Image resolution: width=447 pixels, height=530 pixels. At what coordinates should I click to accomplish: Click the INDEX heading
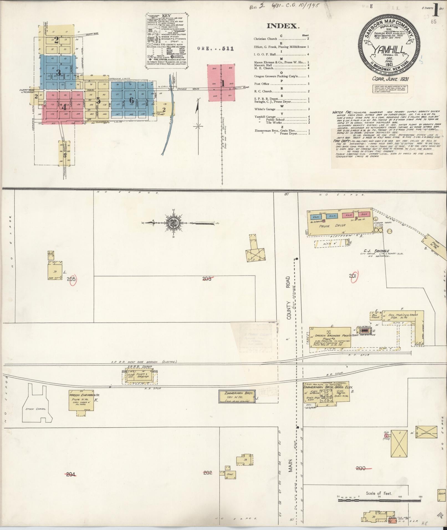click(283, 26)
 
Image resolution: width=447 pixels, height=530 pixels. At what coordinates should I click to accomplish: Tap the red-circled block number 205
click(71, 279)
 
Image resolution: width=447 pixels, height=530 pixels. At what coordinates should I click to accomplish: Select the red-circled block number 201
click(353, 276)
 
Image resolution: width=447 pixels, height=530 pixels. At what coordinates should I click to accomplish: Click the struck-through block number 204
click(71, 474)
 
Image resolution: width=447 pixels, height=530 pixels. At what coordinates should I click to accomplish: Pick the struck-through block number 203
click(207, 279)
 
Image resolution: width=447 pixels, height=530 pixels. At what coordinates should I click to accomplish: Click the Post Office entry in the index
click(262, 84)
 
